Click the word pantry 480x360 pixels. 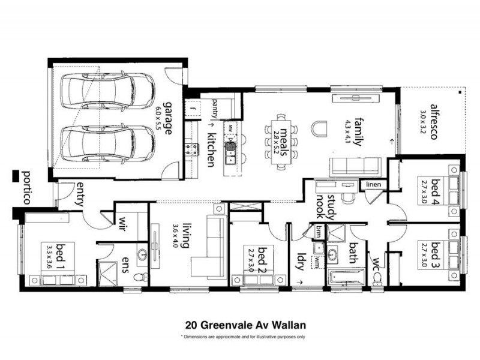(215, 109)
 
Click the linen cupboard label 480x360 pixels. (373, 185)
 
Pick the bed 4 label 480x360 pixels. (436, 191)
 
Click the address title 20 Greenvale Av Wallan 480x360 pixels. (246, 325)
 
